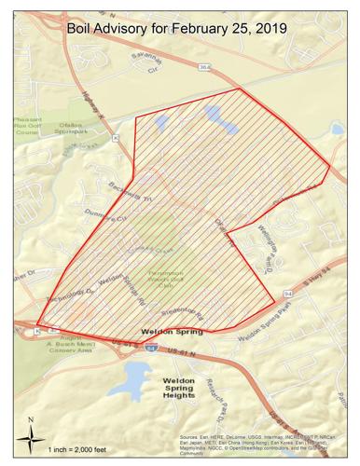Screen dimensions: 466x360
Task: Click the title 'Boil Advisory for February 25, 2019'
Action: tap(176, 32)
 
